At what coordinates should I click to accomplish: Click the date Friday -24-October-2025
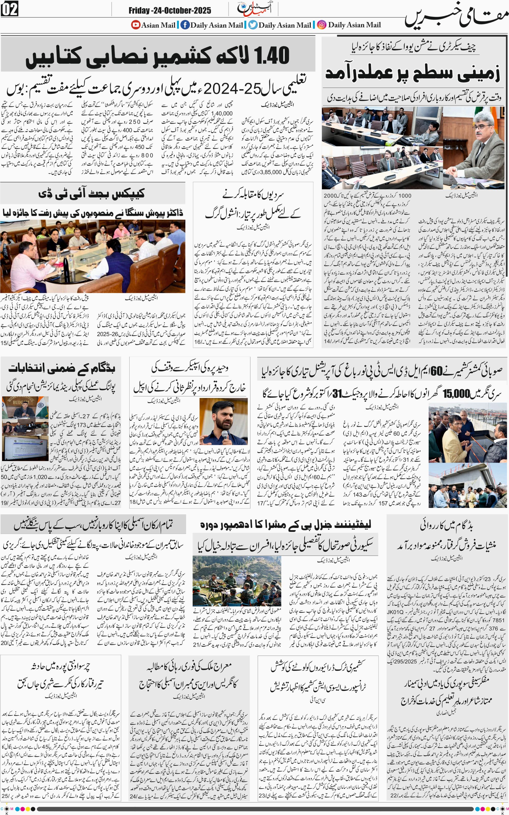pyautogui.click(x=170, y=10)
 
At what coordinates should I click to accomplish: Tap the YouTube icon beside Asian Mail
pyautogui.click(x=136, y=25)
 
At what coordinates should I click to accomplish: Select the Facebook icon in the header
pyautogui.click(x=185, y=25)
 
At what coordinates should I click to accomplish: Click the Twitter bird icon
pyautogui.click(x=253, y=25)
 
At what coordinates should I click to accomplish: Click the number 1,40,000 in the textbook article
pyautogui.click(x=221, y=114)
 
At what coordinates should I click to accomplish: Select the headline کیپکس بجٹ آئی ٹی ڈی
pyautogui.click(x=92, y=194)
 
